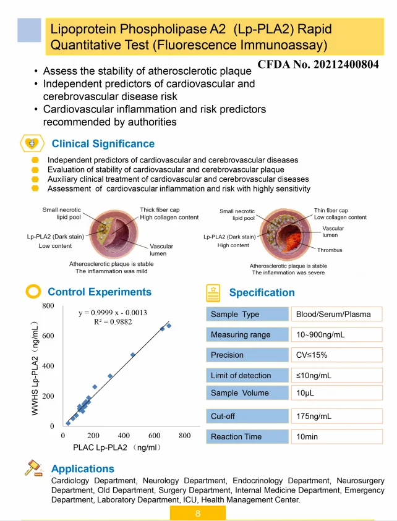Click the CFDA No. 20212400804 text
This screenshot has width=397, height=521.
click(x=318, y=64)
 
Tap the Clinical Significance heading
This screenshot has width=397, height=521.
click(x=103, y=144)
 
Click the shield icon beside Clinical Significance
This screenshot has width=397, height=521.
click(x=32, y=143)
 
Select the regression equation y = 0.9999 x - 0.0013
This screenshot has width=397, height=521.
click(x=113, y=313)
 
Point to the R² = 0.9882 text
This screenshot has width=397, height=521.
click(x=113, y=322)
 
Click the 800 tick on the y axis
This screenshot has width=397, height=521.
click(x=48, y=306)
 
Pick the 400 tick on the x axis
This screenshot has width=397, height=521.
click(x=124, y=436)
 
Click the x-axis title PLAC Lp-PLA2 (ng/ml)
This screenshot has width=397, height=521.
click(x=117, y=447)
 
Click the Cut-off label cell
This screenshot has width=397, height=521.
click(x=247, y=416)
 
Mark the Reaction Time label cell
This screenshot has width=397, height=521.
click(x=247, y=436)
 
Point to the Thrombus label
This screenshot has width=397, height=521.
click(x=330, y=250)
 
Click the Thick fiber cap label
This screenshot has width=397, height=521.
click(x=160, y=210)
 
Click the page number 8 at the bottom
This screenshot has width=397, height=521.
click(x=198, y=514)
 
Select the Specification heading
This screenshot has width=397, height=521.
click(x=262, y=292)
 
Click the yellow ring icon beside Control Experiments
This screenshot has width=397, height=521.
click(x=35, y=291)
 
